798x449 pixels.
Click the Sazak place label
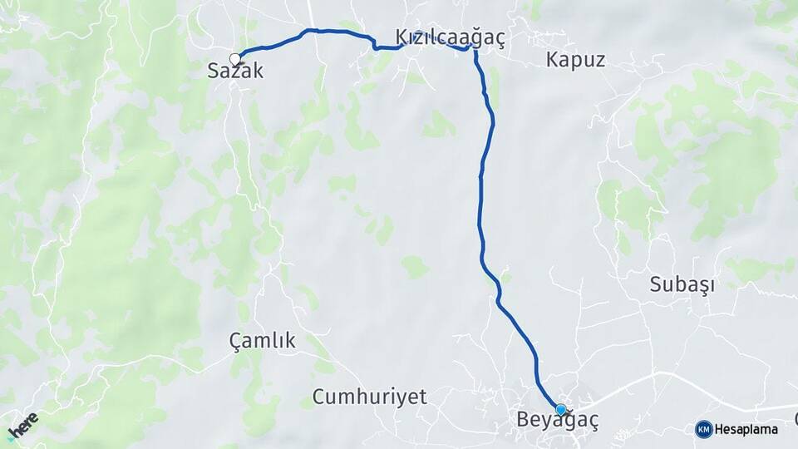pos(235,72)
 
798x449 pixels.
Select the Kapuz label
pos(576,60)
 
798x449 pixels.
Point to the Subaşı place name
pos(682,285)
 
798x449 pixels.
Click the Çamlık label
pos(262,341)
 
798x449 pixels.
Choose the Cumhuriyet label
pos(370,397)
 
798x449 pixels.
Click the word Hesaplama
pos(746,430)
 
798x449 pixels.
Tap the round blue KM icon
pos(704,430)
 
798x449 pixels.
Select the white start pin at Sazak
pos(235,58)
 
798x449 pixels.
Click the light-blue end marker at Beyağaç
pos(561,410)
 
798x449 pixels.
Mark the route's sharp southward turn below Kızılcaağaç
pos(475,51)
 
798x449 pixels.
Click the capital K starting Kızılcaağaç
pos(403,38)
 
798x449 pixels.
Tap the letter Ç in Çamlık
pos(235,341)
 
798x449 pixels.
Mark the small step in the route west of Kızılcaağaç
pos(375,43)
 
